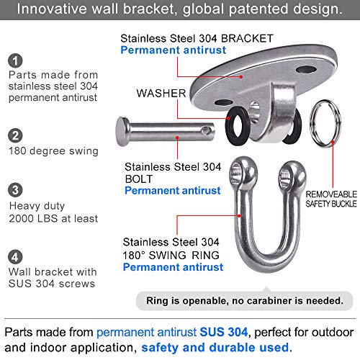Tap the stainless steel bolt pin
pyautogui.click(x=166, y=130)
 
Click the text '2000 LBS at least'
pyautogui.click(x=50, y=219)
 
